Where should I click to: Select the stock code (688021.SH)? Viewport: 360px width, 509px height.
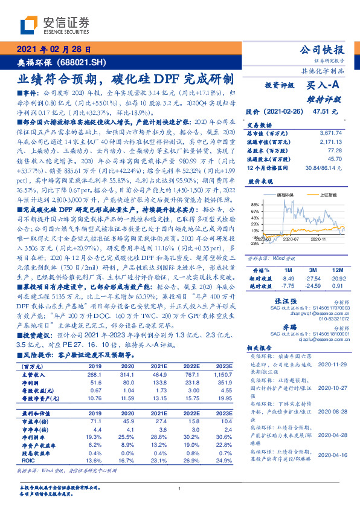pos(84,62)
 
